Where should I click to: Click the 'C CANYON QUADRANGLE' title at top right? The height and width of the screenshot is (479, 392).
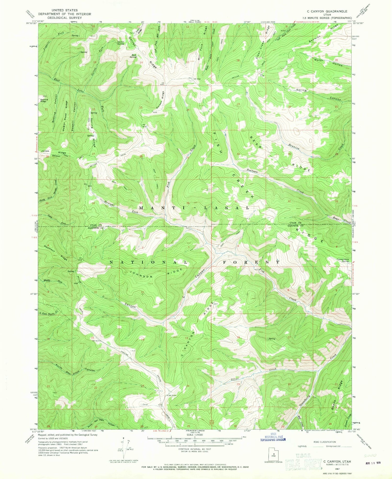[x=327, y=11]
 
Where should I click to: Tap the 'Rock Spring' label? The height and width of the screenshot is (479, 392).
[x=134, y=56]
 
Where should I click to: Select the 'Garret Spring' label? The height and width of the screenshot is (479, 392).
[x=120, y=43]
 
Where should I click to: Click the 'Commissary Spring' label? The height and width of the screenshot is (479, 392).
[x=343, y=260]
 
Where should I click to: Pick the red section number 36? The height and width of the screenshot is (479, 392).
[x=188, y=203]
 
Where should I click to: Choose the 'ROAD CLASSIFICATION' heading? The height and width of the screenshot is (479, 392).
[x=325, y=442]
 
